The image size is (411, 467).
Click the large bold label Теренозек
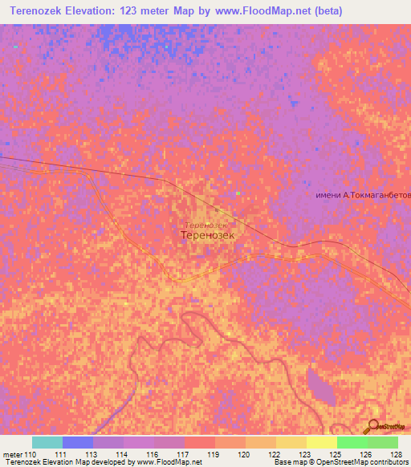click(208, 237)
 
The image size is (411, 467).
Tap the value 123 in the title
click(130, 11)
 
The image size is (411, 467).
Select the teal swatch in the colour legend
click(47, 442)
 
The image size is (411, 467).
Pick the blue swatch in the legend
click(78, 442)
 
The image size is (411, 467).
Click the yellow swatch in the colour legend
click(291, 442)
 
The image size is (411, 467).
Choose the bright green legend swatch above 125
click(352, 442)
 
